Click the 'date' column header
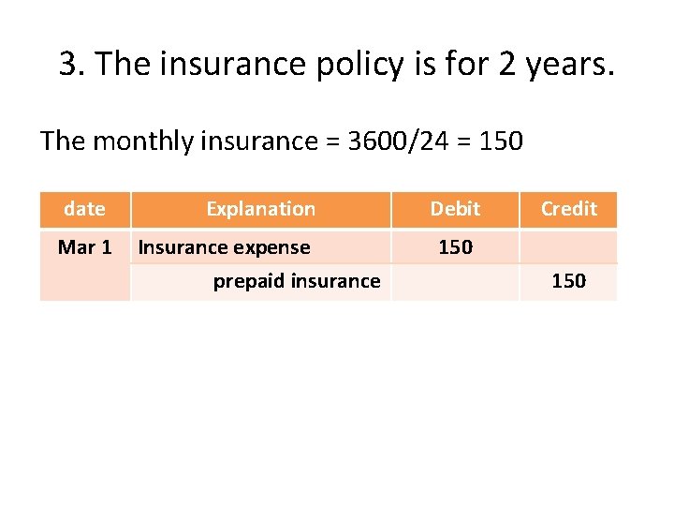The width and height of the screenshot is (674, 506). coord(84,209)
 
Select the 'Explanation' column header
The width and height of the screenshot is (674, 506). coord(260,209)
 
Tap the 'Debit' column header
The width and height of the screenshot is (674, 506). coord(455,209)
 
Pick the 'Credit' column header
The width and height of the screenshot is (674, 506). coord(568,209)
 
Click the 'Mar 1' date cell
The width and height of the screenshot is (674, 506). coord(84,247)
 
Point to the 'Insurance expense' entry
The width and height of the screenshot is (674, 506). coord(224,247)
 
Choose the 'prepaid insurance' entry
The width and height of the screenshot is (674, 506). coord(296,281)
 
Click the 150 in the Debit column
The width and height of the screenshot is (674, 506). coord(455,247)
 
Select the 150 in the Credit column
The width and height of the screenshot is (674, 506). coord(568,281)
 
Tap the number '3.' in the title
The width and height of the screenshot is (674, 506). coord(71,65)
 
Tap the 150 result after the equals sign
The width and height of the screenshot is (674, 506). coord(501,141)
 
